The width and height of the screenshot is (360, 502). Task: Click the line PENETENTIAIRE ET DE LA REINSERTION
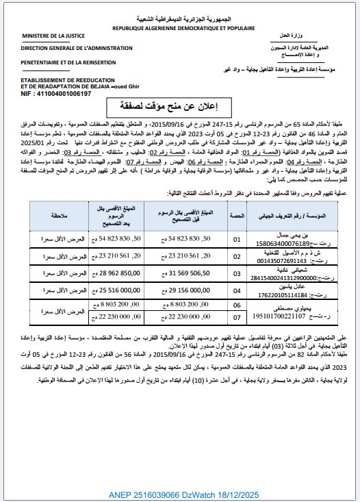[x=70, y=62]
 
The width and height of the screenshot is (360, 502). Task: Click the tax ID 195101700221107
[x=295, y=318]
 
